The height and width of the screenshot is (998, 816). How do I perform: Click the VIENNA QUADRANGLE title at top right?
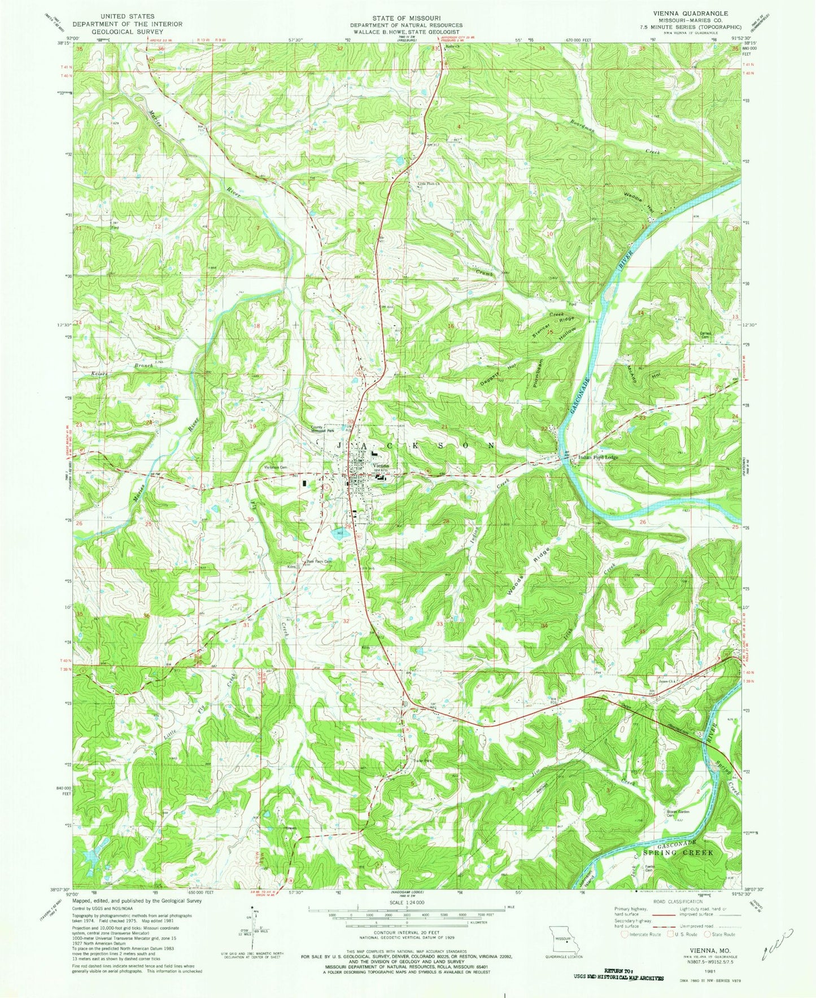click(697, 13)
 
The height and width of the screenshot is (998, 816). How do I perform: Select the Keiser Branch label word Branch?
click(143, 366)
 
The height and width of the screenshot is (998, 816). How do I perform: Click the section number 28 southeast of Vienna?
click(446, 521)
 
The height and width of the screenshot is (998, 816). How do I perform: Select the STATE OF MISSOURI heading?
click(406, 18)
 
